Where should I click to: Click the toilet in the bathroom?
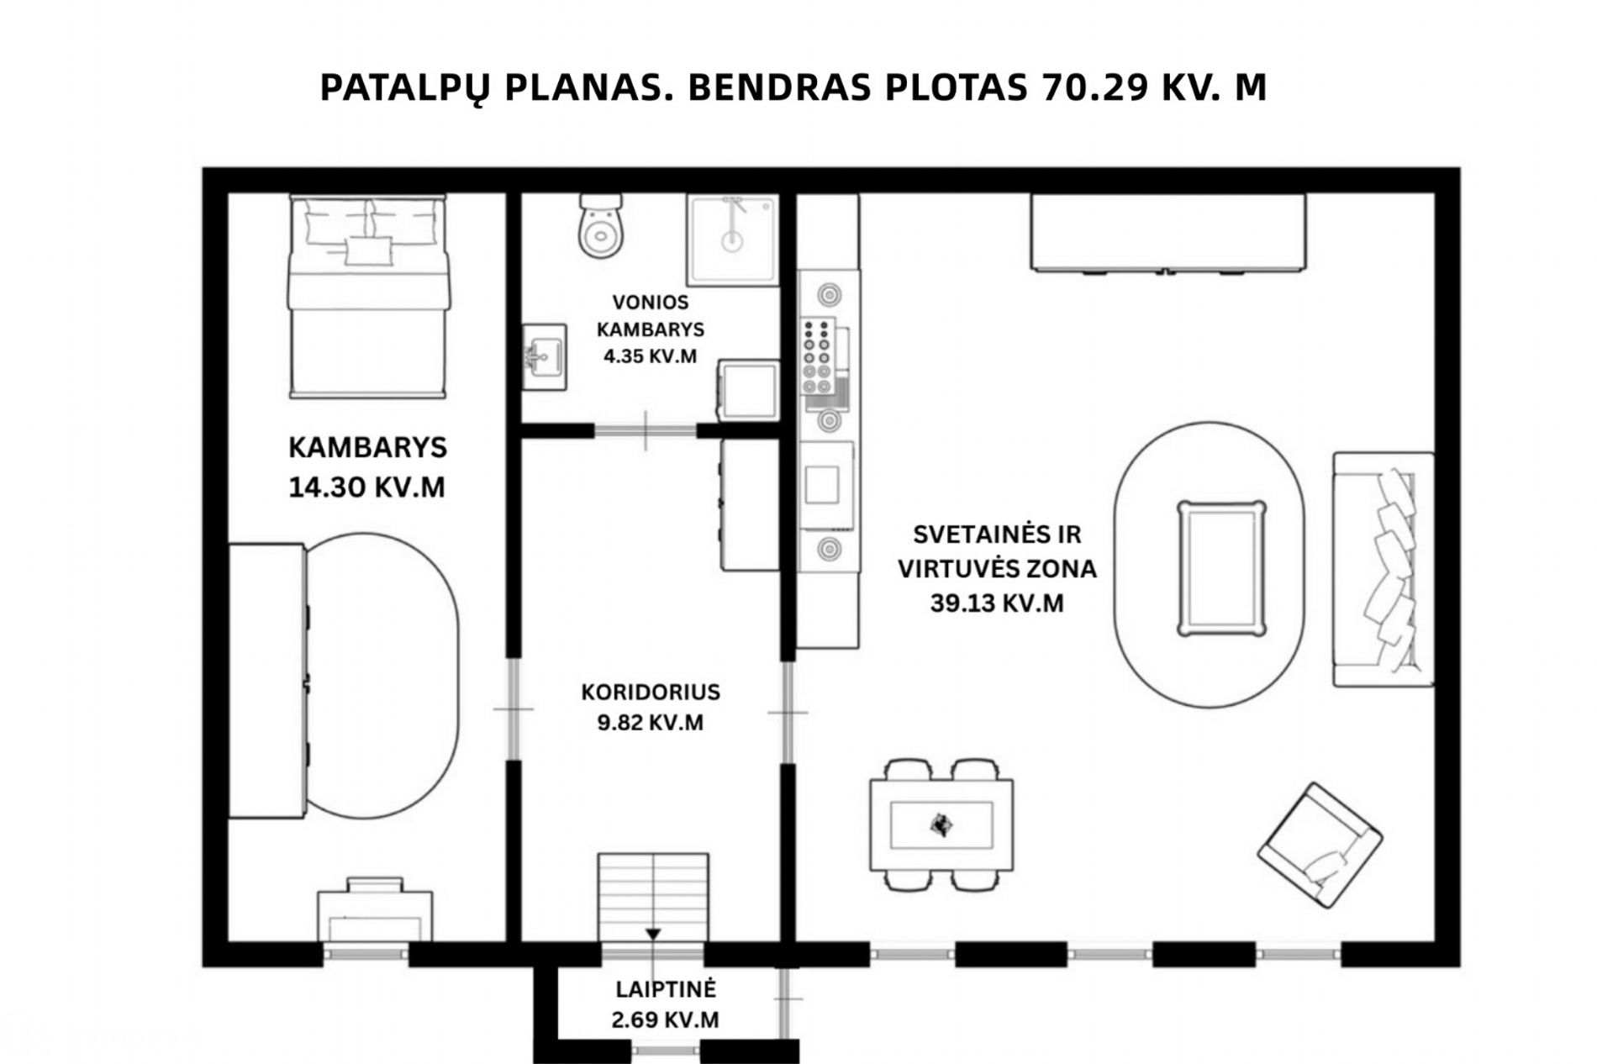(x=600, y=225)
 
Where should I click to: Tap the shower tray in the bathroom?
(x=733, y=240)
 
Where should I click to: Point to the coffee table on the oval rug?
(x=1221, y=568)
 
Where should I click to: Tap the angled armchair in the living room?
(x=1320, y=845)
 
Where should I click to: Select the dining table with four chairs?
(x=941, y=824)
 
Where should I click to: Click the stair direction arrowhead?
(x=653, y=935)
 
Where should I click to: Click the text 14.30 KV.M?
(x=366, y=487)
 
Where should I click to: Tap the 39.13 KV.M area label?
(x=997, y=603)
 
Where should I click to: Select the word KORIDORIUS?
(x=651, y=693)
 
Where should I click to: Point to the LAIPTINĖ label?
(x=665, y=989)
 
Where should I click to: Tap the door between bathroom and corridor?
(x=646, y=431)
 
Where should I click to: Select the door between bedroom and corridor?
(x=513, y=709)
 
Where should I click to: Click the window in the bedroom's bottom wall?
(x=366, y=954)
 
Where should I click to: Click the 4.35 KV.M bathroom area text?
(x=650, y=356)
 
